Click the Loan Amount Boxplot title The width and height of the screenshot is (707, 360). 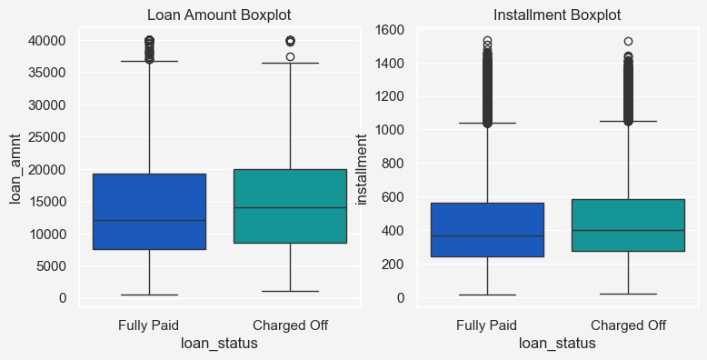(x=219, y=15)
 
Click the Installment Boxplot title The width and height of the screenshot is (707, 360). (x=557, y=15)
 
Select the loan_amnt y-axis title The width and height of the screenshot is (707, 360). (x=15, y=169)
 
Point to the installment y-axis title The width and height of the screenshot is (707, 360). (x=362, y=170)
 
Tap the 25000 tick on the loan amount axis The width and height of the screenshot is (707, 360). (x=47, y=137)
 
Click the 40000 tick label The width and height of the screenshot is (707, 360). (x=47, y=41)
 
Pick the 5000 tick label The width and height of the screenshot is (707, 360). (x=51, y=265)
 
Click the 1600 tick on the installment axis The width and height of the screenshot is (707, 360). (x=390, y=30)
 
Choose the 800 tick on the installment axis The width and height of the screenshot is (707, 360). (x=393, y=164)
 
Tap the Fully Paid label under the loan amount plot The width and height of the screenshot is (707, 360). (x=148, y=325)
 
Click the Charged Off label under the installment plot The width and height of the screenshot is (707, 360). (x=628, y=325)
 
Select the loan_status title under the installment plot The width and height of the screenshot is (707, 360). (x=557, y=344)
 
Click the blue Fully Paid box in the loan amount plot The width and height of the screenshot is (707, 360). (x=149, y=212)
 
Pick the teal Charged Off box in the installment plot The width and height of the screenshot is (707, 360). (x=628, y=225)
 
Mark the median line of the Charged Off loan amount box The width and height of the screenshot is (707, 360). (x=291, y=207)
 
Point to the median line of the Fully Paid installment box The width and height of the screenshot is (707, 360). (x=487, y=235)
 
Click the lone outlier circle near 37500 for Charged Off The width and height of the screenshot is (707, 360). (x=291, y=57)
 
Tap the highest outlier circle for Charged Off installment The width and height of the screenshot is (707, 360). (x=628, y=42)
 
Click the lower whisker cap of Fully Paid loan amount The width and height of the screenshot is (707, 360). (x=149, y=295)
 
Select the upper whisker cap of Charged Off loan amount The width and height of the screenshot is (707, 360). (x=291, y=63)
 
